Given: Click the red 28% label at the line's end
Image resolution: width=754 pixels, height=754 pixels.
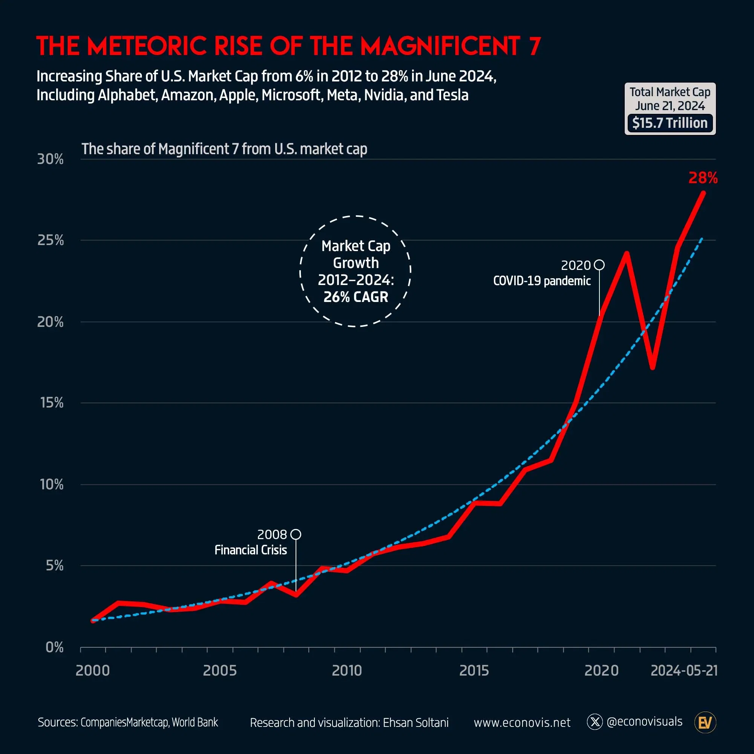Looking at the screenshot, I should [702, 178].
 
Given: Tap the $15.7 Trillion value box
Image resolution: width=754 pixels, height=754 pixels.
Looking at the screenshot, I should [670, 123].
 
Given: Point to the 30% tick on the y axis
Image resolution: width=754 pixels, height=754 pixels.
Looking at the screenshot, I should [51, 159].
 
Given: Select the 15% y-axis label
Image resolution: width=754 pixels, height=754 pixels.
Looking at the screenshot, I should [52, 402].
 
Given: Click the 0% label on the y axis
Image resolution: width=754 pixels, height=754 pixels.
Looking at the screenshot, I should [54, 647].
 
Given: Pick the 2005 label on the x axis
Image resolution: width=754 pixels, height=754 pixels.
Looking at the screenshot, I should [220, 670].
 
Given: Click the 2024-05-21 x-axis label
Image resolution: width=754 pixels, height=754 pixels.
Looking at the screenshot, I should [684, 670].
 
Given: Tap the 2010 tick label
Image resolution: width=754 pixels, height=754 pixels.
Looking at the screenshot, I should [346, 670].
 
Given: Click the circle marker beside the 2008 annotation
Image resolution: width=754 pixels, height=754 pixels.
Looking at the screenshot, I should [296, 534].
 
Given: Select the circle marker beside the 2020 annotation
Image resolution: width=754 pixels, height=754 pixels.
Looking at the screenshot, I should [599, 265].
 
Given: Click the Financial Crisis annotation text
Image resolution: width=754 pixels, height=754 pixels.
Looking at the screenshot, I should [251, 550].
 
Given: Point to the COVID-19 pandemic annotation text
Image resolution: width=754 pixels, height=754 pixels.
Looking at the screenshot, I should [542, 280].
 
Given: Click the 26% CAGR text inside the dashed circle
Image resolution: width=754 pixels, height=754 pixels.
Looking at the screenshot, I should [356, 297].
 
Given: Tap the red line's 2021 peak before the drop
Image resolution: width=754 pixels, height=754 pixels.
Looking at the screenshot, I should [626, 254].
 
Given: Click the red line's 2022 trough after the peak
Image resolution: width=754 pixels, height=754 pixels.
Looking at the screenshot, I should [653, 367].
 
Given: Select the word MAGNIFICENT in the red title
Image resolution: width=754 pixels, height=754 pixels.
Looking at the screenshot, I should [440, 46].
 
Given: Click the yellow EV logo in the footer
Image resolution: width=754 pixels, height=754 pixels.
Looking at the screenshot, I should [705, 723].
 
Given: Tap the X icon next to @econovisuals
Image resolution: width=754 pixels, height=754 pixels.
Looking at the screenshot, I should [595, 722].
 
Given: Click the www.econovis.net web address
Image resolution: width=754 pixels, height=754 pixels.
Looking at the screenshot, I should [522, 723].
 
